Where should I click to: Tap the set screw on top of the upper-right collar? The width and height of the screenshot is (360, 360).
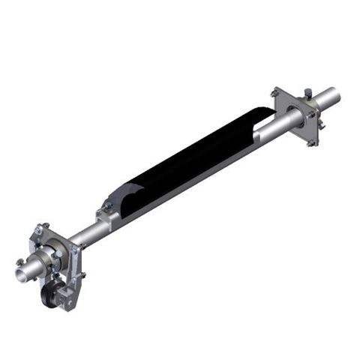pyautogui.click(x=307, y=94)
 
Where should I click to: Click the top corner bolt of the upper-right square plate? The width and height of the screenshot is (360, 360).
pyautogui.click(x=275, y=92)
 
